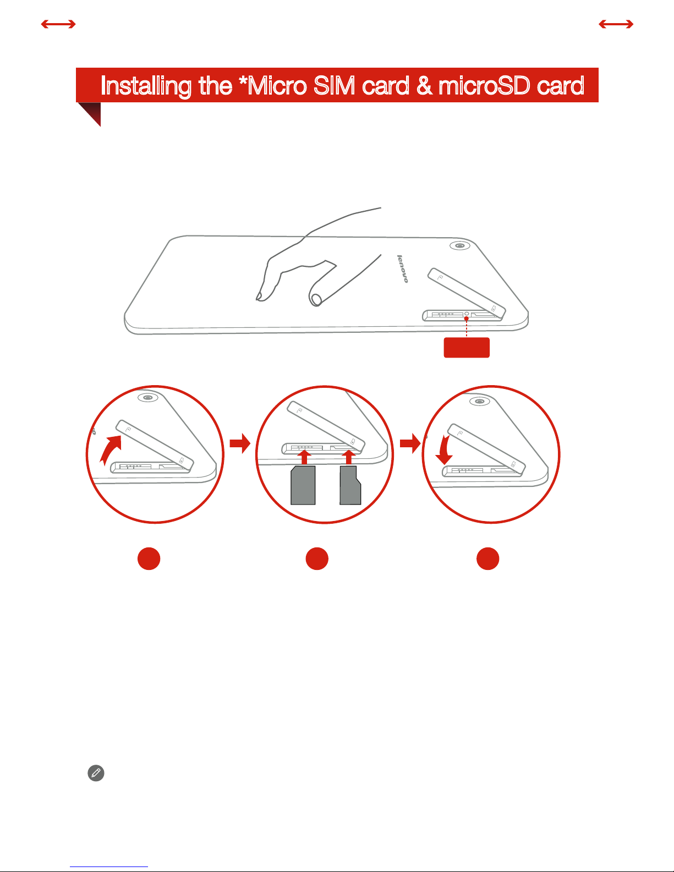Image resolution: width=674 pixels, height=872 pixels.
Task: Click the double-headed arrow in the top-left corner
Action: tap(58, 24)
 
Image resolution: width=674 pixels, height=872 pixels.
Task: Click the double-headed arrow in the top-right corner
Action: tap(616, 24)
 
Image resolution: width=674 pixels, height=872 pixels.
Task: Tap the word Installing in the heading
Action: tap(146, 86)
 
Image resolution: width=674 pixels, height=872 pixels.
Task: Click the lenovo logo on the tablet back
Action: tap(403, 268)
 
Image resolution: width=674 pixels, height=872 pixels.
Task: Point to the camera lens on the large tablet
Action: tap(459, 245)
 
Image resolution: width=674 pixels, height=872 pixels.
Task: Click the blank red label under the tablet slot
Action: tap(467, 347)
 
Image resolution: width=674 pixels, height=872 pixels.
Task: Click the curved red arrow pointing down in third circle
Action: tap(444, 450)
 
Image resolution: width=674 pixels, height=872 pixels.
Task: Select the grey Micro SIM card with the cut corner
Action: tap(303, 485)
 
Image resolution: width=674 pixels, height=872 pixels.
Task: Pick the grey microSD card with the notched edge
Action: tap(350, 485)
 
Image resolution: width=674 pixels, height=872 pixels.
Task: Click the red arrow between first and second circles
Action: tap(240, 443)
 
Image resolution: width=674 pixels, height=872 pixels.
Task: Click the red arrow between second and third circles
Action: tap(410, 443)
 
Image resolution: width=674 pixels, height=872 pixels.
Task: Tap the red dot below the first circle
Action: tap(149, 558)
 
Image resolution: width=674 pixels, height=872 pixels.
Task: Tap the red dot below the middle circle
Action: tap(317, 558)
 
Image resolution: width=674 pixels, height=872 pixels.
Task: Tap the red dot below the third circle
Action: tap(488, 558)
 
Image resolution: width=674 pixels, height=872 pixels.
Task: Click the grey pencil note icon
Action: tap(96, 773)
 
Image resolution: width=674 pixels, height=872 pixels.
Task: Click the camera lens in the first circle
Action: tap(148, 398)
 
